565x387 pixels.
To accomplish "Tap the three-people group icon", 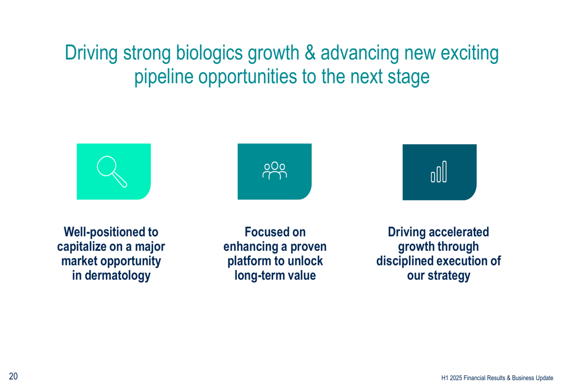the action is [x=275, y=171].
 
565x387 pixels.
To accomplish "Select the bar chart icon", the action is [x=439, y=172].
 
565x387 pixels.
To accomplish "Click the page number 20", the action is [x=14, y=376].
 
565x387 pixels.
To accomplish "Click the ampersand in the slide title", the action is [x=310, y=53].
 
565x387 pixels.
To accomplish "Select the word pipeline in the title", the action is [x=164, y=77].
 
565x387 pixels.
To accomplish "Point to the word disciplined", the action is [x=405, y=261].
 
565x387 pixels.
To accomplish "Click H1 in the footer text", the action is [x=445, y=378].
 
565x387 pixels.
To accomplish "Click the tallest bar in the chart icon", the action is [x=444, y=172].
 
